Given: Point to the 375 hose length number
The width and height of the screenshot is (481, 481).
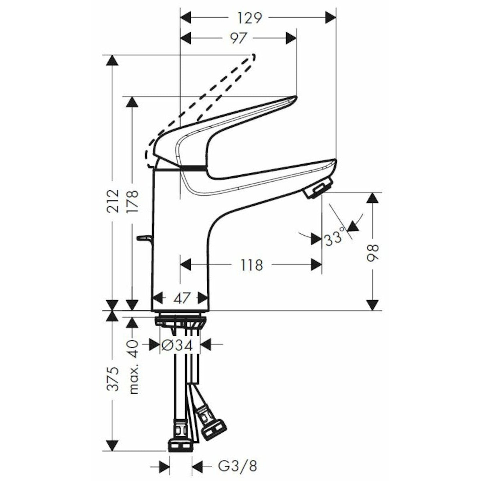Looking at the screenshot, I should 114,379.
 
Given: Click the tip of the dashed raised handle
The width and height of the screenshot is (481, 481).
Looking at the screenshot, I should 252,56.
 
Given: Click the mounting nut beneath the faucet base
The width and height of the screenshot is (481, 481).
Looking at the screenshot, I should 180,321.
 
